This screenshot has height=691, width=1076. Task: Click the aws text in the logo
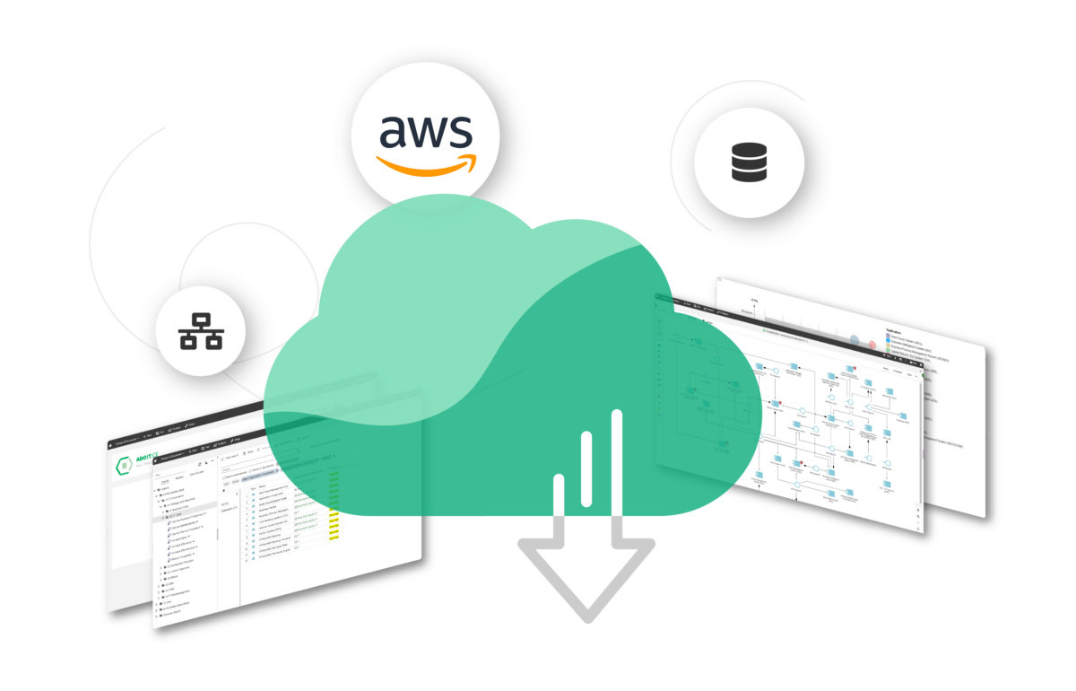pos(425,133)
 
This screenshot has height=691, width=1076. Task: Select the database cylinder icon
pos(749,161)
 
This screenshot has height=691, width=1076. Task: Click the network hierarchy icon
pos(201,333)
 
